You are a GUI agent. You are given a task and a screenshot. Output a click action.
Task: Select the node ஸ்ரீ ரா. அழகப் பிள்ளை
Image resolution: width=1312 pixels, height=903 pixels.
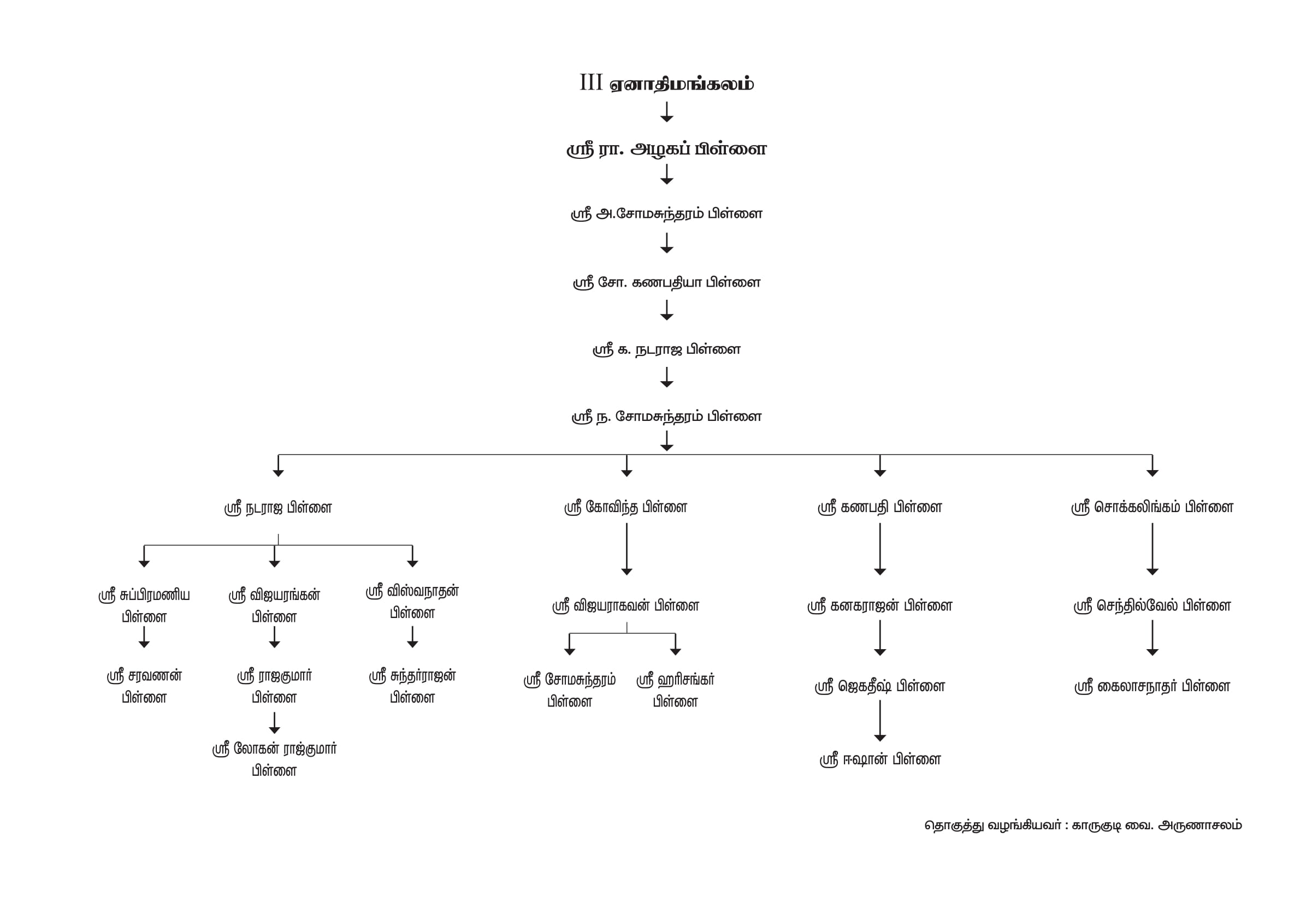coord(666,150)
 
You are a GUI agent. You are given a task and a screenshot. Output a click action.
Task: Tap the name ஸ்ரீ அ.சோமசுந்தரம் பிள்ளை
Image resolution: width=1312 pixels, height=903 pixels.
coord(666,214)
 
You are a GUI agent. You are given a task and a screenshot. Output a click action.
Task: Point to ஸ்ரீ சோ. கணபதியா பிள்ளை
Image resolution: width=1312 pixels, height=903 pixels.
coord(666,282)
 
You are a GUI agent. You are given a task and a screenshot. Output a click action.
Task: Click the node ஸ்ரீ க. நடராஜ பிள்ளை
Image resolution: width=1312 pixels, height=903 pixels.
coord(666,349)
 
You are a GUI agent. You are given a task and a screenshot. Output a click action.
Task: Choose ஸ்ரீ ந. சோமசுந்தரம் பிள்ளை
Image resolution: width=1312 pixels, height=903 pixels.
coord(666,417)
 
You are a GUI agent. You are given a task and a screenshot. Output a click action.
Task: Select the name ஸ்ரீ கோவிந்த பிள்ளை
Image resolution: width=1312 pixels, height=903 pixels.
coord(625,508)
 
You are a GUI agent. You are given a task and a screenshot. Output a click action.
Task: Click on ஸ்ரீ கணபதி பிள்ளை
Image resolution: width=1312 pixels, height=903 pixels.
coord(879,508)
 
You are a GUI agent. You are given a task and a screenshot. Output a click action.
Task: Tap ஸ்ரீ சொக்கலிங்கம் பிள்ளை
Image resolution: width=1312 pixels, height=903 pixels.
coord(1152,508)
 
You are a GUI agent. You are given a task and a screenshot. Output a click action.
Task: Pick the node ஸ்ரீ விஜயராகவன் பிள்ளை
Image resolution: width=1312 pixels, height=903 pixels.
coord(625,606)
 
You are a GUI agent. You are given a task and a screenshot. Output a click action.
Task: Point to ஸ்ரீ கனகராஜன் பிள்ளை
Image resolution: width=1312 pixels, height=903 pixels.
coord(879,606)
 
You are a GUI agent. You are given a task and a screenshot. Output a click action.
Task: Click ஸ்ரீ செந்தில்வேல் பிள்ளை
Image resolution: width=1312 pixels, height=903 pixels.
coord(1152,606)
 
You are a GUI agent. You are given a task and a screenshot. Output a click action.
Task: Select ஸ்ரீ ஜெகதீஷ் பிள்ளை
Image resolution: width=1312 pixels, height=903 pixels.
coord(879,687)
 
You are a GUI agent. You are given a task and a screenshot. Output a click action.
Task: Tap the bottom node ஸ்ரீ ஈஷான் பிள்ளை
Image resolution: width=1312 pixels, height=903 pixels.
coord(879,760)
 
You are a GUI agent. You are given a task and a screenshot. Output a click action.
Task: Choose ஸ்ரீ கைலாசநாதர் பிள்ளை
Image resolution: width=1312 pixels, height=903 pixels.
coord(1152,687)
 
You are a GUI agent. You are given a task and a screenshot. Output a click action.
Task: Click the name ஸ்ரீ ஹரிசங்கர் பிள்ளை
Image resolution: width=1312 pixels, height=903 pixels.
coord(675,690)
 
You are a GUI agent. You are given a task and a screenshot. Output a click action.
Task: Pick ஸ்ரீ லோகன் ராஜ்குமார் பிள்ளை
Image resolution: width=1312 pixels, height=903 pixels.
coord(274,759)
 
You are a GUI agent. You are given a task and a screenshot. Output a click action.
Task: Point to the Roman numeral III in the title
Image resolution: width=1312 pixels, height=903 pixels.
coord(590,82)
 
